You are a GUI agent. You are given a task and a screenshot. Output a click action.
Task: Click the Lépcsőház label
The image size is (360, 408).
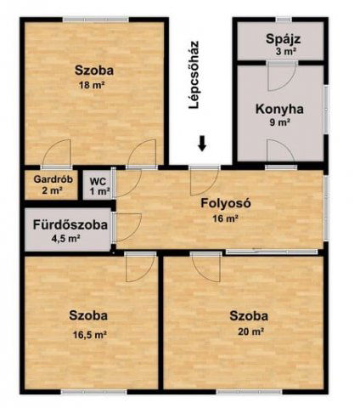194,75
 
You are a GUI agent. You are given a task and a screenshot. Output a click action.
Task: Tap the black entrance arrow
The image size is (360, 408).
202,144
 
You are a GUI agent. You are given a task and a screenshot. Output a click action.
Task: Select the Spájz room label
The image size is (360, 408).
283,39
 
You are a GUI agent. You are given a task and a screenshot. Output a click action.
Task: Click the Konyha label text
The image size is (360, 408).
279,109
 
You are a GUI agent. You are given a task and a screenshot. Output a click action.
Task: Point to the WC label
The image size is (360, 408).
98,181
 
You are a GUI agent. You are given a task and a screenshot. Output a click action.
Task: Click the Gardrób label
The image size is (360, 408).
53,179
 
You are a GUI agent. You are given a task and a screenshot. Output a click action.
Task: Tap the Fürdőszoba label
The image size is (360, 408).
70,225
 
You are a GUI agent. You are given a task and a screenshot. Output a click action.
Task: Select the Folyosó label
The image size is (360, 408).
226,203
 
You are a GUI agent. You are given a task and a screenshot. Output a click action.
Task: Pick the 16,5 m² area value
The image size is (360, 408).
90,335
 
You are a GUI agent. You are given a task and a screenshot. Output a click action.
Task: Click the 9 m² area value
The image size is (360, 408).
280,123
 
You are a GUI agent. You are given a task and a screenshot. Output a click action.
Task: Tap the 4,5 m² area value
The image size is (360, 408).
65,238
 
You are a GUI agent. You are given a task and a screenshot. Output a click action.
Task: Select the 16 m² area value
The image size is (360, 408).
226,218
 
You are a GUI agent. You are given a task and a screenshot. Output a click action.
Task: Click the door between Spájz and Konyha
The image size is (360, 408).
282,76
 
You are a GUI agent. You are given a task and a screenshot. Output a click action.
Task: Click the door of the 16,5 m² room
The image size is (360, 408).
141,267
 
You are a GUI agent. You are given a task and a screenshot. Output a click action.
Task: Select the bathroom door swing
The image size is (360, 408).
127,228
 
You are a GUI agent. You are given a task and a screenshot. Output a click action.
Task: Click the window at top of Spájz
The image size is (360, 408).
284,20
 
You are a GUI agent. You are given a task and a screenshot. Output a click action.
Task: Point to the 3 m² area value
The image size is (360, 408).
285,52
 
